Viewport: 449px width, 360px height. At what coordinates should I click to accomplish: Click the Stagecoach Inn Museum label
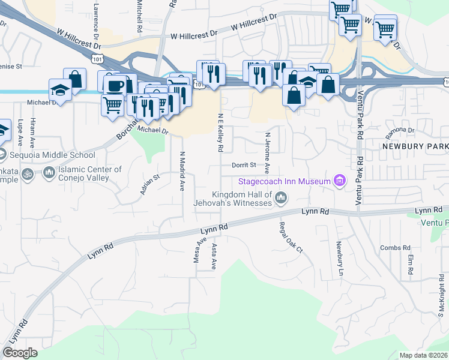pyautogui.click(x=285, y=181)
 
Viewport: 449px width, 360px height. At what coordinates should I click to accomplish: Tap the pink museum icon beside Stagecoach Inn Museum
pyautogui.click(x=340, y=181)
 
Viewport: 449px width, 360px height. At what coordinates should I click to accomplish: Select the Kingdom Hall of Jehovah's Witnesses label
pyautogui.click(x=242, y=199)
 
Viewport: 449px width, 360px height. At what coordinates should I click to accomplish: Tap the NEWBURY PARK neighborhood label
pyautogui.click(x=415, y=146)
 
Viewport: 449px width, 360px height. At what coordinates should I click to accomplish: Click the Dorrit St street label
pyautogui.click(x=244, y=165)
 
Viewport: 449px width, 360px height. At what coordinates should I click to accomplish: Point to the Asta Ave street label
pyautogui.click(x=214, y=256)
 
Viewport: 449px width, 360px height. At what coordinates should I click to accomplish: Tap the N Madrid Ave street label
pyautogui.click(x=181, y=171)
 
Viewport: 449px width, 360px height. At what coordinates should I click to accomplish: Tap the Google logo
pyautogui.click(x=20, y=353)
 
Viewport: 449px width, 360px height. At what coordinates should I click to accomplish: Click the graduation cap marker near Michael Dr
pyautogui.click(x=60, y=89)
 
